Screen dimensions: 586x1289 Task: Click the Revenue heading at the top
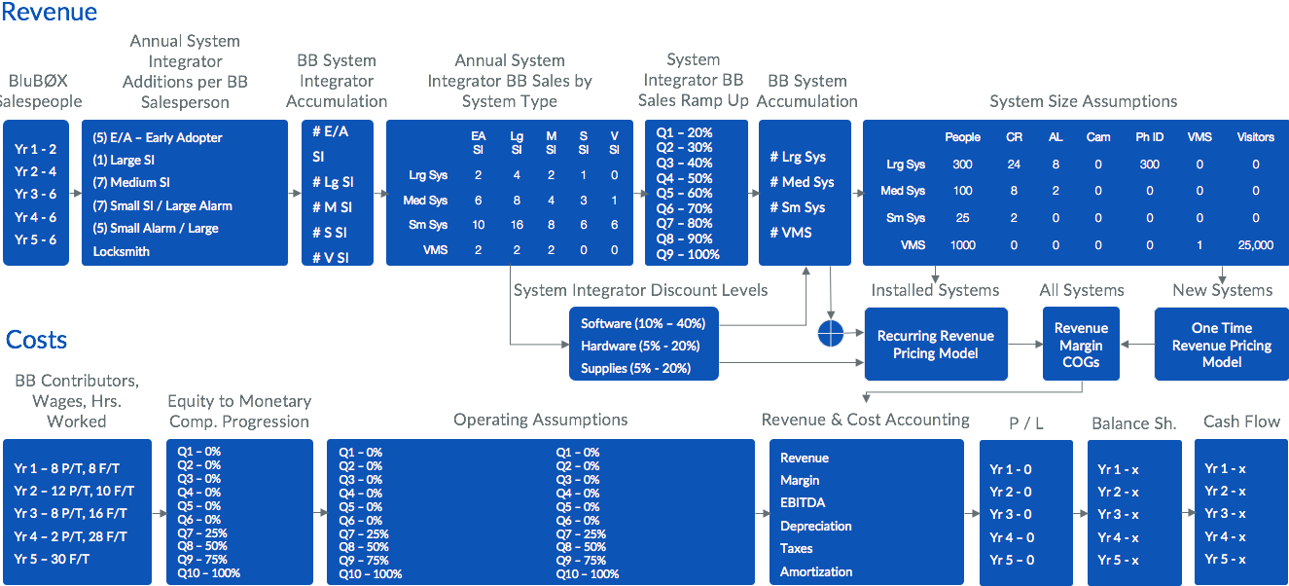click(50, 12)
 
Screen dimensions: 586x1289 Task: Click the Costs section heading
click(37, 340)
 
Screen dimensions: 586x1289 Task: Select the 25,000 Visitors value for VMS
click(1255, 245)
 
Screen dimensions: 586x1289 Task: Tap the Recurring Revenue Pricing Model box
click(935, 345)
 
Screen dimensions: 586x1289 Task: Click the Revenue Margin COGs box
click(1081, 345)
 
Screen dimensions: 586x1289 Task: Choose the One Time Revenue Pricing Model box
click(1221, 345)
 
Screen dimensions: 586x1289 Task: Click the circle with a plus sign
click(830, 334)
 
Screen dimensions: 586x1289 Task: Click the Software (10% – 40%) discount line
click(642, 323)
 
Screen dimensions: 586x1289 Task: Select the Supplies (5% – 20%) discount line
click(635, 368)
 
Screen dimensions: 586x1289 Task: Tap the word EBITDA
click(803, 503)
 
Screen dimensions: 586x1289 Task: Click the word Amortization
click(815, 571)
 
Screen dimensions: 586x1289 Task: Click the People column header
click(962, 137)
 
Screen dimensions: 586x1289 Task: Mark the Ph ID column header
click(1149, 137)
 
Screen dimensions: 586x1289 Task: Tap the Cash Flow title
click(1241, 421)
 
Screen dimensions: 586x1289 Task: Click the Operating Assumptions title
click(540, 420)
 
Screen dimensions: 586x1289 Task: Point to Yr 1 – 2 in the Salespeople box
click(36, 149)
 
